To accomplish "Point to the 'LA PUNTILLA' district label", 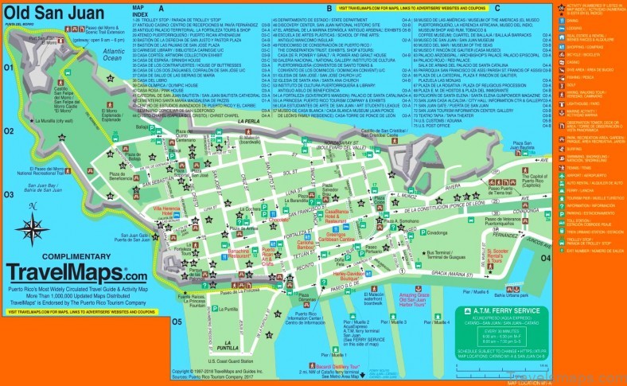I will point(207,347).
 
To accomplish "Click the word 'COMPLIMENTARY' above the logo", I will point(64,256).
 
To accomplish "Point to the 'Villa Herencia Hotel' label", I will point(167,211).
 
